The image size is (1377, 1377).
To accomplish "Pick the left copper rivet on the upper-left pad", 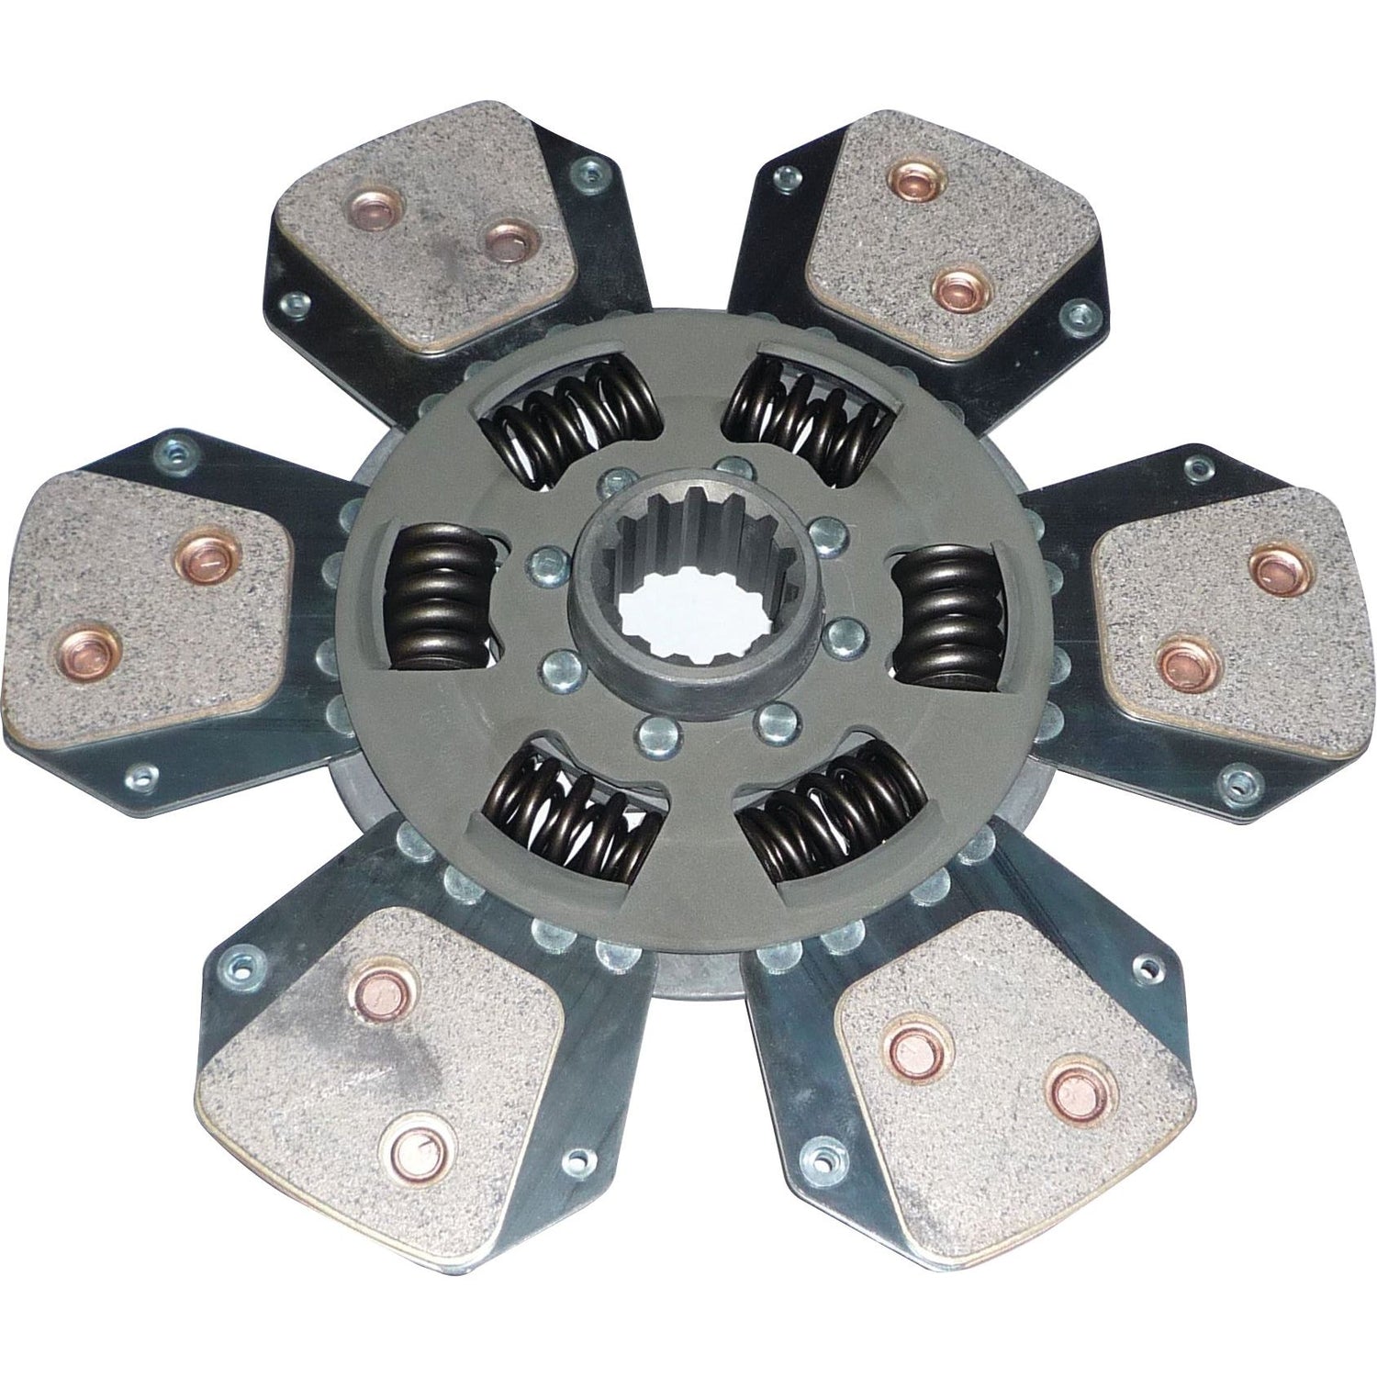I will click(375, 210).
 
